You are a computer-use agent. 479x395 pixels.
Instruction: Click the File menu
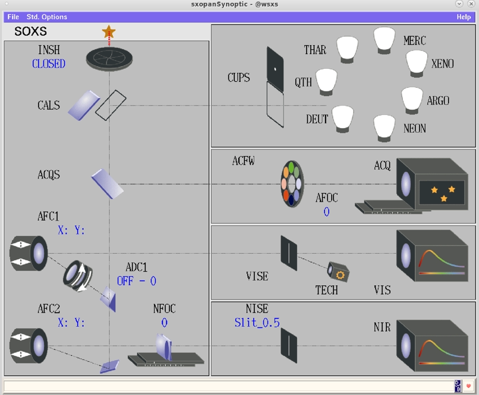pyautogui.click(x=13, y=17)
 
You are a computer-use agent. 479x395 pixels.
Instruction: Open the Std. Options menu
pyautogui.click(x=47, y=17)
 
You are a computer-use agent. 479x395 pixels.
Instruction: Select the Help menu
pyautogui.click(x=464, y=17)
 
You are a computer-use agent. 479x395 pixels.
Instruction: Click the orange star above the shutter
pyautogui.click(x=109, y=31)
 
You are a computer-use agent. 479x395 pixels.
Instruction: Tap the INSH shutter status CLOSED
pyautogui.click(x=49, y=64)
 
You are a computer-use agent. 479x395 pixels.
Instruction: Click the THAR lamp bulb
pyautogui.click(x=348, y=50)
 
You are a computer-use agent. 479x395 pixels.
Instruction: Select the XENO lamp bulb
pyautogui.click(x=417, y=62)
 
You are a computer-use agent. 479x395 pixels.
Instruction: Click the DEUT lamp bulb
pyautogui.click(x=344, y=119)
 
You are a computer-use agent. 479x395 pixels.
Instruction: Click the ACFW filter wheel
pyautogui.click(x=292, y=183)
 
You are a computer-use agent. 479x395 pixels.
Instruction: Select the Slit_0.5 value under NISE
pyautogui.click(x=257, y=323)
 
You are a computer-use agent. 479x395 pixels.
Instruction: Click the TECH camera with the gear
pyautogui.click(x=339, y=273)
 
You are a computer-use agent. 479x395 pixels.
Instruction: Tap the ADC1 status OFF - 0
pyautogui.click(x=136, y=281)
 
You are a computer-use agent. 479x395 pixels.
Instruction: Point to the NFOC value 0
pyautogui.click(x=164, y=323)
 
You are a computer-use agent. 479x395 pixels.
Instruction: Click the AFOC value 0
pyautogui.click(x=326, y=212)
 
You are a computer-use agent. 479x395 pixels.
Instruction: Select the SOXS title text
pyautogui.click(x=30, y=31)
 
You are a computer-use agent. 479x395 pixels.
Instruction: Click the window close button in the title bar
pyautogui.click(x=472, y=4)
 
